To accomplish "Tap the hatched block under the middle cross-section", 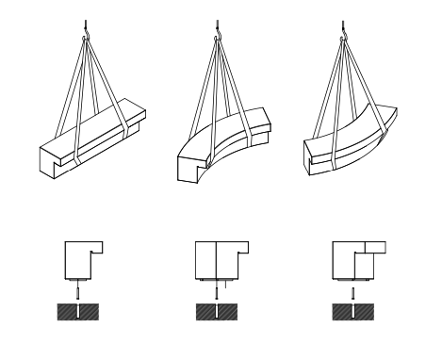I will pos(218,312).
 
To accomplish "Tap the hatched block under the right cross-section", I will pos(352,312).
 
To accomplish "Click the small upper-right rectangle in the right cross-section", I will pos(374,248).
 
